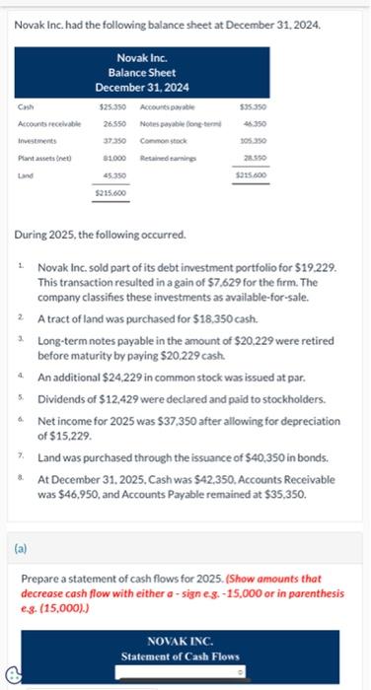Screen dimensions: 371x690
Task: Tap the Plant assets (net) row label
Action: point(38,158)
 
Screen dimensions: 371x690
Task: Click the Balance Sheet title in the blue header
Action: point(139,72)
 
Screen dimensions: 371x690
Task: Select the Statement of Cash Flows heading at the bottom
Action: point(181,655)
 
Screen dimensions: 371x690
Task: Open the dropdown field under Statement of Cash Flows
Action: point(181,673)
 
